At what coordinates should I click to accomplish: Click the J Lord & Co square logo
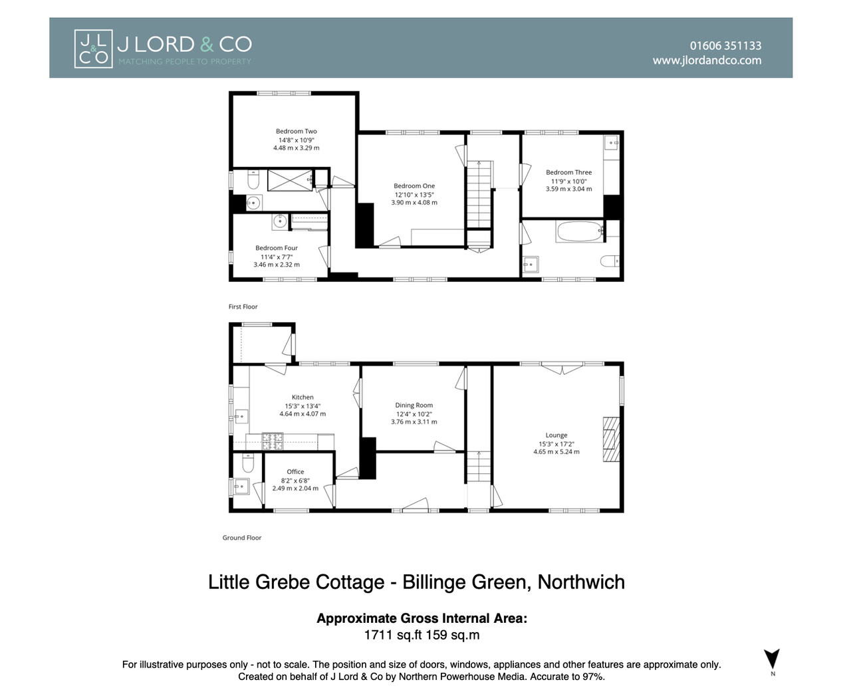93,49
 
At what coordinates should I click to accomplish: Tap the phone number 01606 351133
725,46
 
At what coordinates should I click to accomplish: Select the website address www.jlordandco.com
707,60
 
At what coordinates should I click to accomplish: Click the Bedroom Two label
296,131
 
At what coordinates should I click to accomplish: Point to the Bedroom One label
414,185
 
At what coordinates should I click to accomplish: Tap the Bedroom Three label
568,172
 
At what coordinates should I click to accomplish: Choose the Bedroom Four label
277,248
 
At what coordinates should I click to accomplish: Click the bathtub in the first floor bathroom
580,231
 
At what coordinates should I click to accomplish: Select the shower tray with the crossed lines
290,180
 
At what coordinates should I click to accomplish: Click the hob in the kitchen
272,441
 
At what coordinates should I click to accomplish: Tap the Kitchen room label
303,397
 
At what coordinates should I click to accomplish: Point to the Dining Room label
414,405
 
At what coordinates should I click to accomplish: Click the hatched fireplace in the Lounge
611,439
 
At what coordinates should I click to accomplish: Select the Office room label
295,472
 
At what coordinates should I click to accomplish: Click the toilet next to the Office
248,463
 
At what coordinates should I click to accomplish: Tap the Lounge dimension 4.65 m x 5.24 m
556,452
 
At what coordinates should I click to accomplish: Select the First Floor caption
243,307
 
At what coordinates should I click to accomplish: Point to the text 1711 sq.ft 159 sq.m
422,635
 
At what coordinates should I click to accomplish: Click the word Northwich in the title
581,582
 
